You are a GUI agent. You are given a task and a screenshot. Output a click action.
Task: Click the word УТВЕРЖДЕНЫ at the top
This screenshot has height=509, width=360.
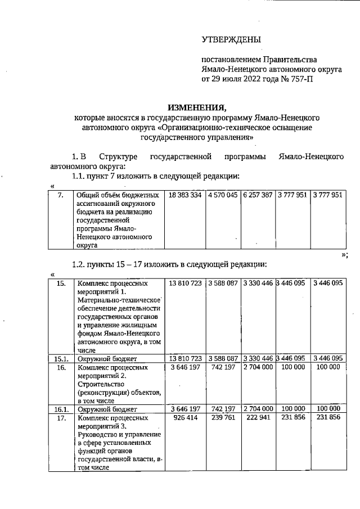tap(231, 39)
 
